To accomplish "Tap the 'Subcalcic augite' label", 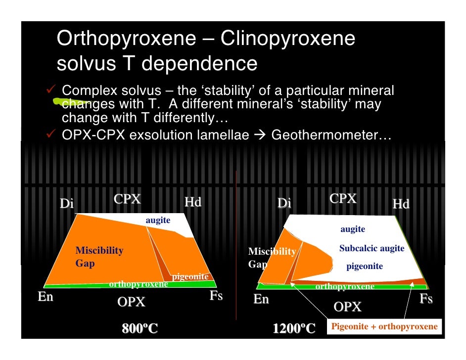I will pyautogui.click(x=372, y=248).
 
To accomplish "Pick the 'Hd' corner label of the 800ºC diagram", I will pyautogui.click(x=192, y=202).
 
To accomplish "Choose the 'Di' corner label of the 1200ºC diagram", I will pyautogui.click(x=284, y=203).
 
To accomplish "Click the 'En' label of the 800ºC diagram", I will pyautogui.click(x=46, y=297).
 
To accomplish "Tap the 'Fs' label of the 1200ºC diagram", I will pyautogui.click(x=426, y=299).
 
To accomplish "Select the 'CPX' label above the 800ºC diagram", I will pyautogui.click(x=127, y=199).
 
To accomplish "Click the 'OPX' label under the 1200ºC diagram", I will pyautogui.click(x=347, y=307).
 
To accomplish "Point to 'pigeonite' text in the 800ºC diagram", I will pyautogui.click(x=190, y=276).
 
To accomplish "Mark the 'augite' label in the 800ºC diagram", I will pyautogui.click(x=158, y=220).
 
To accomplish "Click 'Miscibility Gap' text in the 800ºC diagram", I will pyautogui.click(x=99, y=257).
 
